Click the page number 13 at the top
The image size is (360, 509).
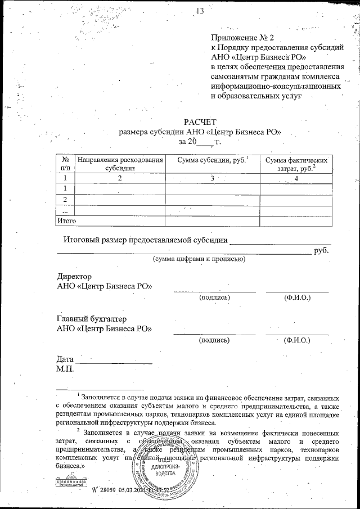tap(200, 11)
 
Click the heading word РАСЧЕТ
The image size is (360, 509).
tap(200, 122)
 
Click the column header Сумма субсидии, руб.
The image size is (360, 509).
tap(212, 160)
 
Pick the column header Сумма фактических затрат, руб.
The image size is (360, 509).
tap(295, 164)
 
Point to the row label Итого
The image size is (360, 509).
tap(67, 221)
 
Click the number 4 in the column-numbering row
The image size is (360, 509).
tap(295, 178)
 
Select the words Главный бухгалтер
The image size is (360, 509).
tap(91, 319)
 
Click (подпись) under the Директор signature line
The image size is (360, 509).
tap(214, 297)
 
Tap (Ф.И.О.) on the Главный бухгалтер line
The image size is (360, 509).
tap(297, 340)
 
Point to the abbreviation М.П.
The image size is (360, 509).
tap(66, 369)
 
